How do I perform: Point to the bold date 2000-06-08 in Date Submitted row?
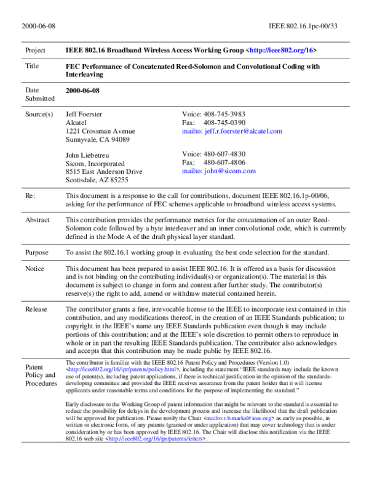coord(83,91)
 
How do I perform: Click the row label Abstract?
coord(37,220)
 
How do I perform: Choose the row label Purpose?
coord(36,253)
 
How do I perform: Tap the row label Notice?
coord(34,269)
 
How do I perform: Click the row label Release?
coord(36,309)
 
